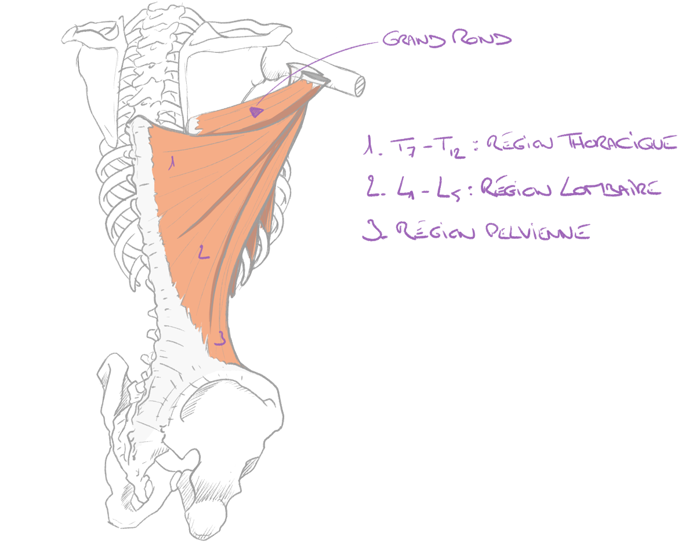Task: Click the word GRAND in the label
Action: coord(414,39)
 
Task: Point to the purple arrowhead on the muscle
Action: coord(256,112)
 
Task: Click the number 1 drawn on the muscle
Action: coord(172,163)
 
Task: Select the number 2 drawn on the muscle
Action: coord(204,252)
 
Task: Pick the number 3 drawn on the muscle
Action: coord(220,338)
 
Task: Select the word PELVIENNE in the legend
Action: coord(538,231)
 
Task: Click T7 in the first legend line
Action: coord(403,147)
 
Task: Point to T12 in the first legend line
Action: coord(449,147)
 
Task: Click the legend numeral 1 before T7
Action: coord(369,145)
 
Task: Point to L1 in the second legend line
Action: coord(406,189)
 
